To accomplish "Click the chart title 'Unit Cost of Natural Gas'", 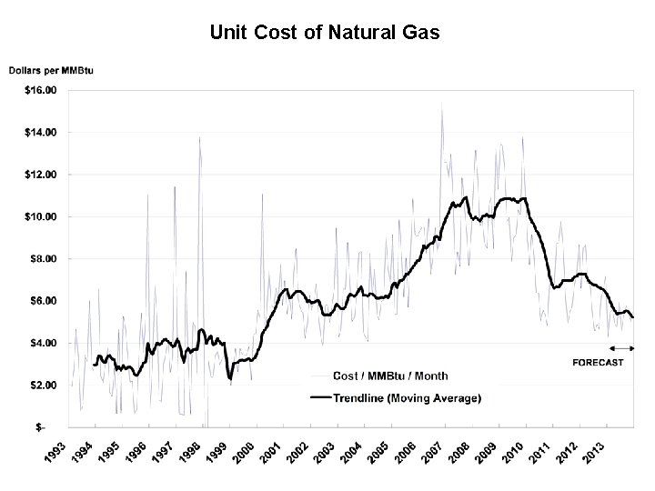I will point(325,34).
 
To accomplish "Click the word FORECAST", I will point(598,363).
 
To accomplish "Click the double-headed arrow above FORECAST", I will point(623,348).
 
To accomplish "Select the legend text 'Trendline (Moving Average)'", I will point(408,397).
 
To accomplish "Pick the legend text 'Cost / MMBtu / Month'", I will point(391,376).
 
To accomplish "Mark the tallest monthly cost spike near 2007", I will point(442,103).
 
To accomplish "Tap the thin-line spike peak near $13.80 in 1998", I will point(200,137).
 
